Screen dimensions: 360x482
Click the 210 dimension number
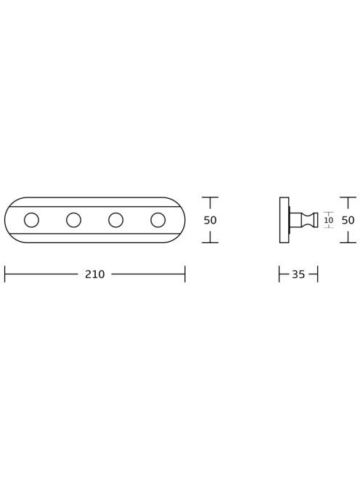pyautogui.click(x=94, y=274)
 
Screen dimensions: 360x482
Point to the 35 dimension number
pyautogui.click(x=298, y=274)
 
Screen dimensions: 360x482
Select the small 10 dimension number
pyautogui.click(x=328, y=220)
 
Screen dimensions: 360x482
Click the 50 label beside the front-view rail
pyautogui.click(x=210, y=220)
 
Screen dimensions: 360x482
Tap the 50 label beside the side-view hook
pyautogui.click(x=348, y=220)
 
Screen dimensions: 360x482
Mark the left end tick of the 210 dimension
pyautogui.click(x=5, y=274)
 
